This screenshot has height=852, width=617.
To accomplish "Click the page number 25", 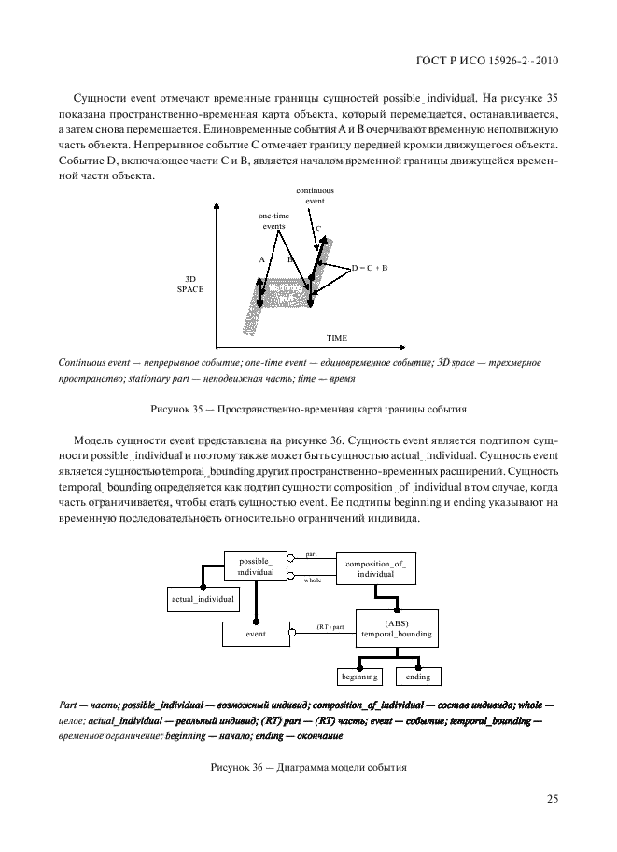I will [553, 799].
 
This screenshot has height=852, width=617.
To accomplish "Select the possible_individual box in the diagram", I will [256, 566].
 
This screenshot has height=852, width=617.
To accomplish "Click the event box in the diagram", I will [256, 634].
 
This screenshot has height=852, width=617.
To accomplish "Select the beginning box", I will [358, 677].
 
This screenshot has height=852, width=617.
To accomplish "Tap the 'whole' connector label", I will [313, 580].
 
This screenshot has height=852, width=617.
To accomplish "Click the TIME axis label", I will [336, 336].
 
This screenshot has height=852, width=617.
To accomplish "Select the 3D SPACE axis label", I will [189, 285].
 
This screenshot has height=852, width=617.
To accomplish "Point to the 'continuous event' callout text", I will [316, 195].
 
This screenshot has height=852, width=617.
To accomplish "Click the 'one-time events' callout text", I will [273, 221].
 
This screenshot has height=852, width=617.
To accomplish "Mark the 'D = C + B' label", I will [369, 267].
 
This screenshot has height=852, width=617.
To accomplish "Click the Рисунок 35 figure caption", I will [308, 409].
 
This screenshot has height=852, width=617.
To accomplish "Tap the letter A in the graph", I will [261, 259].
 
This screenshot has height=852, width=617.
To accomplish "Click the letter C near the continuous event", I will [317, 228].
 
